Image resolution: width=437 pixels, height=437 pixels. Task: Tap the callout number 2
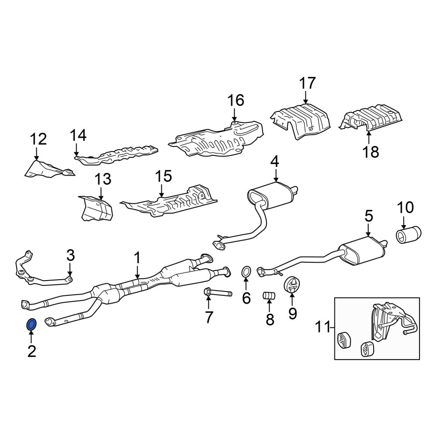coord(32,351)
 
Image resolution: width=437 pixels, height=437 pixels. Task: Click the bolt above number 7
coord(218,293)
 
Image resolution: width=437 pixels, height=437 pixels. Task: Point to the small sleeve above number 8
coord(269,295)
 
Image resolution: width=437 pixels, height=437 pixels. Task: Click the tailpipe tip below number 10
coord(409,235)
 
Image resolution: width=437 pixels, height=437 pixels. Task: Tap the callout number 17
coord(307,83)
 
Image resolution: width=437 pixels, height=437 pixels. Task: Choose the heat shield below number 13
coord(96,208)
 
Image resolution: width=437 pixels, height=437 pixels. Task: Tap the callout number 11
coord(323,327)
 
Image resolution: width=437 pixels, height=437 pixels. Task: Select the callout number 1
coord(137,258)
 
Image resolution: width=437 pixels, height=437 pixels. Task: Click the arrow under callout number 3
coord(70,269)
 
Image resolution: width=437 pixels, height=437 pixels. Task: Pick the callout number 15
coord(163,176)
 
